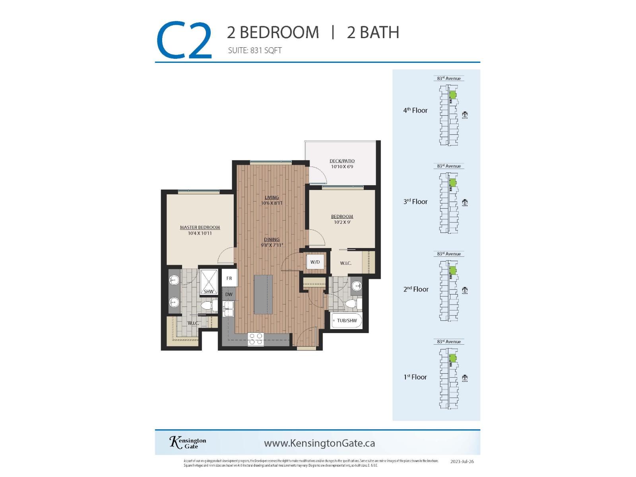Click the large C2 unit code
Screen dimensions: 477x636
(x=184, y=41)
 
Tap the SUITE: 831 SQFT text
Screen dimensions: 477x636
(x=255, y=50)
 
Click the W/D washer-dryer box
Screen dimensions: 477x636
(x=315, y=262)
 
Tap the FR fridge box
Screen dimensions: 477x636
(x=229, y=278)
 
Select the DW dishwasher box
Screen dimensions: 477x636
(x=229, y=295)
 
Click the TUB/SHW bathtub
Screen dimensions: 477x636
(x=347, y=320)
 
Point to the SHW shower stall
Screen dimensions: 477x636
(x=209, y=283)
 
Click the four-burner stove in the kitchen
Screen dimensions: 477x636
(x=256, y=339)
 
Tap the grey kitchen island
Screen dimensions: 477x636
(x=263, y=294)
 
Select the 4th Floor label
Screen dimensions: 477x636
(x=415, y=111)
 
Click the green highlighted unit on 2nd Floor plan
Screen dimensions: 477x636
(x=452, y=270)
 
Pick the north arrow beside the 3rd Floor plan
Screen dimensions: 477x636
(x=465, y=202)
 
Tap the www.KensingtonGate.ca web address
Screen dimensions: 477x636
(x=319, y=443)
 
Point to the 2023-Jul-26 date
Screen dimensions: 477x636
(x=462, y=462)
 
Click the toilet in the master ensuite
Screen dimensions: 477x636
(x=207, y=306)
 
